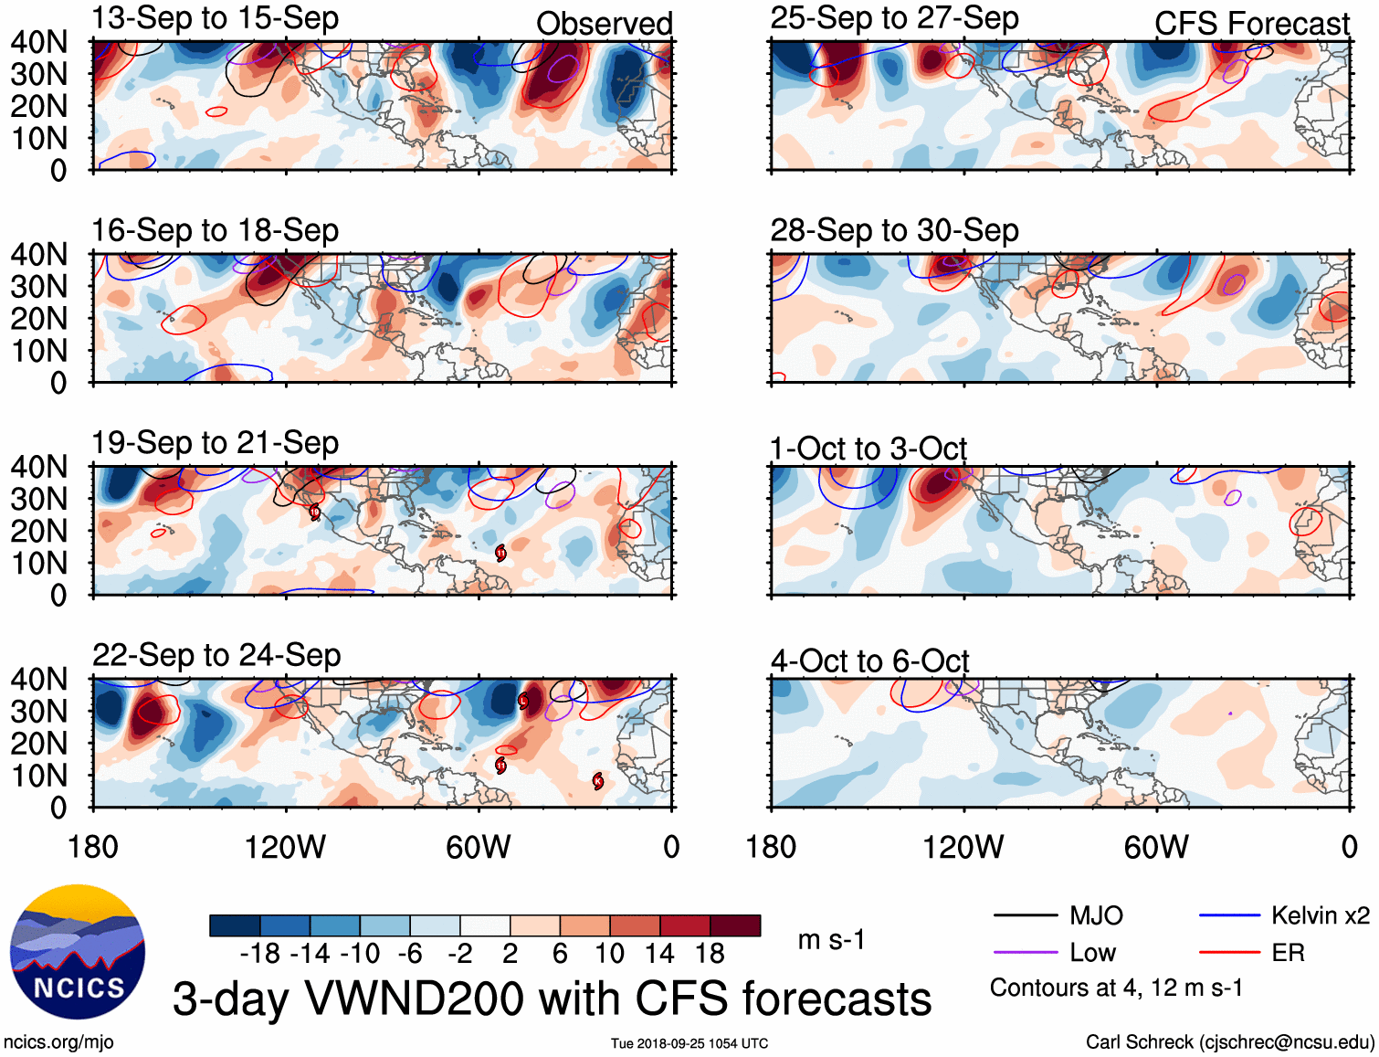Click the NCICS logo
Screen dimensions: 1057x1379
coord(78,951)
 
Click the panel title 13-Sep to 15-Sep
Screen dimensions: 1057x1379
coord(216,18)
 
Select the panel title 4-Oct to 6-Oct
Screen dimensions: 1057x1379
coord(869,661)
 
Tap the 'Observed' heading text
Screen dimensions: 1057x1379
coord(604,24)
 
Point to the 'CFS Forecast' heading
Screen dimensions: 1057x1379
coord(1251,24)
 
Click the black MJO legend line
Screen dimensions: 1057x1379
coord(1025,915)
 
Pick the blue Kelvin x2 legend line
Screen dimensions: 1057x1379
coord(1229,915)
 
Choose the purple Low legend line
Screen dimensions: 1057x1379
coord(1025,953)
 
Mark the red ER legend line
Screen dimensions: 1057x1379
coord(1229,953)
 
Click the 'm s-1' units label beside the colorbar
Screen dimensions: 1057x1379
coord(831,939)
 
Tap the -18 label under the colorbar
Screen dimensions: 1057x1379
coord(260,954)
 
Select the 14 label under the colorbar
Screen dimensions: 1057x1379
coord(659,954)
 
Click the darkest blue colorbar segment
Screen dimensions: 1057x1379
coord(235,925)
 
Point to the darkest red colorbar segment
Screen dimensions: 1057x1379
coord(735,925)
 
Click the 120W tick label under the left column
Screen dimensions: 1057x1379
coord(285,847)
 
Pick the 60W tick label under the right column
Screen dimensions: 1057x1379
coord(1156,847)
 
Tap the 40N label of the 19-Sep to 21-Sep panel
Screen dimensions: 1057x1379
coord(39,467)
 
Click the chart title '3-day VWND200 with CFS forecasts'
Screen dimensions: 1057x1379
coord(552,999)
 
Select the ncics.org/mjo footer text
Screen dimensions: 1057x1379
coord(58,1042)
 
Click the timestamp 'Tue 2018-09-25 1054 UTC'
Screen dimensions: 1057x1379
coord(689,1043)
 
